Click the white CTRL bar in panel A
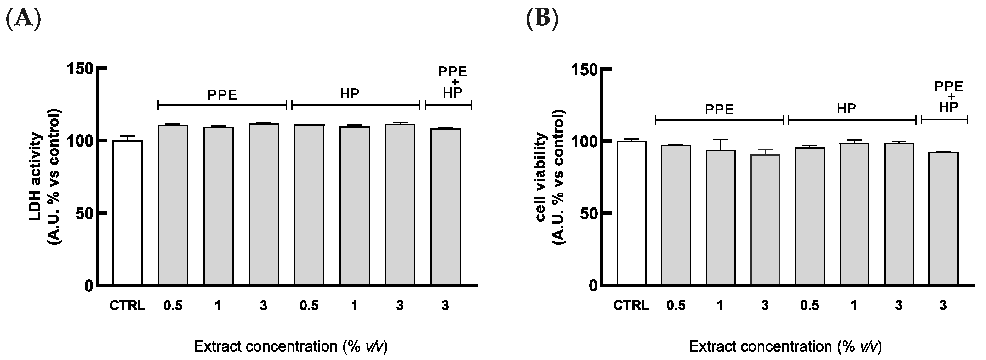tap(128, 213)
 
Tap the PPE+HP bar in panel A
tap(446, 206)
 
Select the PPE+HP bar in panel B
tap(943, 218)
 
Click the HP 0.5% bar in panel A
tap(309, 205)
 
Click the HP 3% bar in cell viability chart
tap(899, 214)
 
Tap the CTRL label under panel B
tap(631, 305)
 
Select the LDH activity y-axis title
tap(45, 177)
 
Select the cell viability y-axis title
tap(550, 177)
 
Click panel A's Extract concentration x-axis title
tap(291, 346)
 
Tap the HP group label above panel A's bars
tap(350, 94)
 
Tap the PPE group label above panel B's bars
tap(720, 110)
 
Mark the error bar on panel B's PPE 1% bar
tap(720, 144)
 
